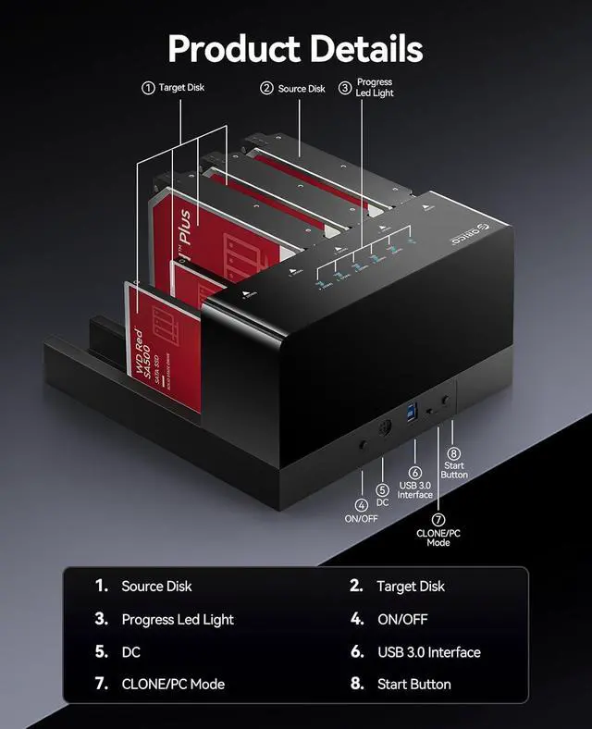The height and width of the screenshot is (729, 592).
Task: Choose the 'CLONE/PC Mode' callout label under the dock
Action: point(438,537)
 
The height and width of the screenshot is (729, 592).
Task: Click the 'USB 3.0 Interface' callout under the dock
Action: point(415,488)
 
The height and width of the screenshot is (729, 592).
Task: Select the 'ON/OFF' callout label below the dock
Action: point(362,518)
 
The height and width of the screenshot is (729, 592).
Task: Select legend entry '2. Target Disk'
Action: point(397,587)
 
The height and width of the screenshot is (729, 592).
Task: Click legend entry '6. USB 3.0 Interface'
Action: point(415,652)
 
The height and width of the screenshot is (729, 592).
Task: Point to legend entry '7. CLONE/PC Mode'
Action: point(159,685)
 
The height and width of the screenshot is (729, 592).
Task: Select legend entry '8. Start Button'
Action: point(401,685)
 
